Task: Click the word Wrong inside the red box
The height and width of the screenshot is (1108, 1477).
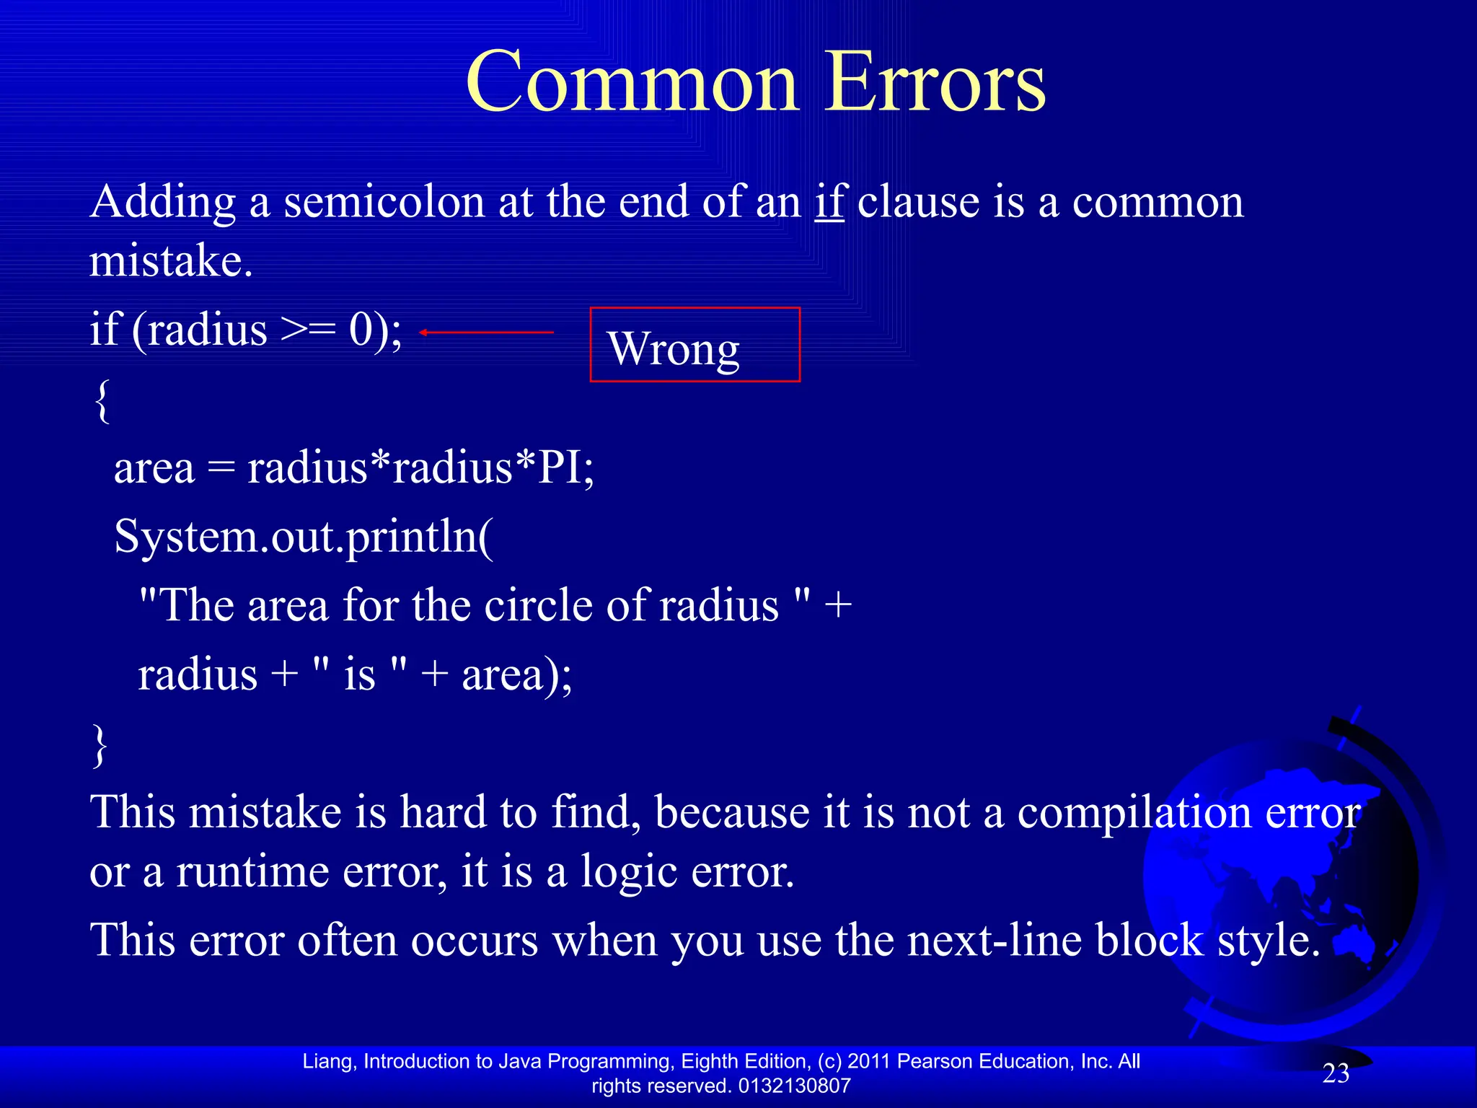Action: pyautogui.click(x=674, y=349)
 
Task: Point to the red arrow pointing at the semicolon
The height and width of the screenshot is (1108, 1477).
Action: pyautogui.click(x=487, y=332)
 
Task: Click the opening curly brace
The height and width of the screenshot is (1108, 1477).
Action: pyautogui.click(x=102, y=401)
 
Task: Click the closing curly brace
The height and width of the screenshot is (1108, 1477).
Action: pyautogui.click(x=101, y=746)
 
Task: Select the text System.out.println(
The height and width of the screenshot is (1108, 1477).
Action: pyautogui.click(x=304, y=537)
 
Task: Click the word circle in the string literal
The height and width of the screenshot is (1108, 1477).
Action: pyautogui.click(x=537, y=605)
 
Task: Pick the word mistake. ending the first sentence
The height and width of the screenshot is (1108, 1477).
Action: pyautogui.click(x=171, y=261)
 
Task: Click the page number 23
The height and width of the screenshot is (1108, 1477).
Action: pyautogui.click(x=1336, y=1073)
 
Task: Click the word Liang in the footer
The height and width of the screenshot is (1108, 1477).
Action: pyautogui.click(x=328, y=1061)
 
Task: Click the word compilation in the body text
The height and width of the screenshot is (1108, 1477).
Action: pyautogui.click(x=1134, y=813)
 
